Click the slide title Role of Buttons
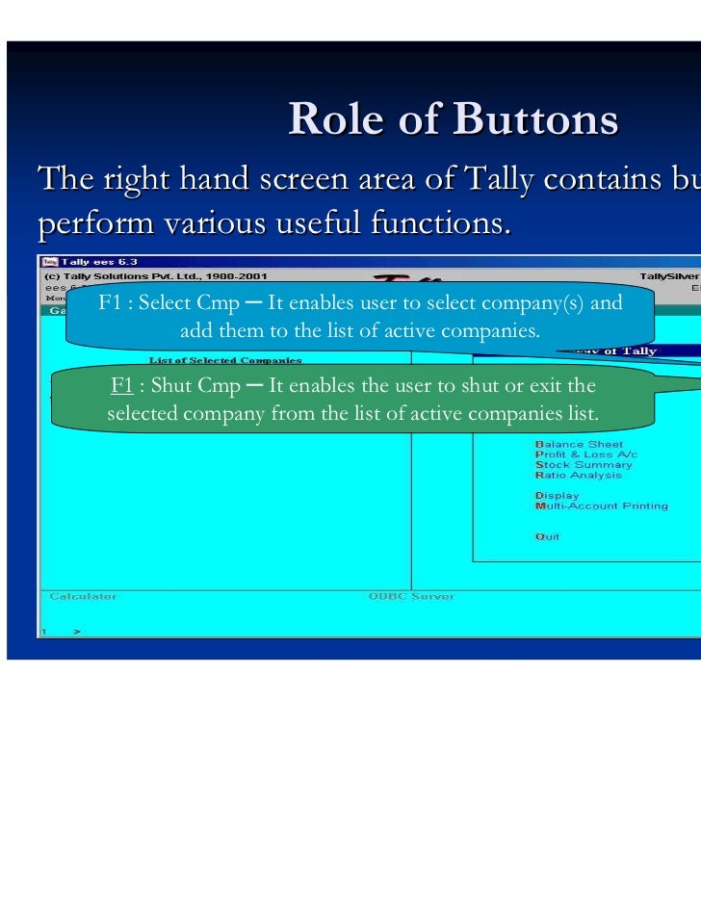(x=453, y=119)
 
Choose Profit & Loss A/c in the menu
(x=585, y=454)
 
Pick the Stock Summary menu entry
(x=584, y=465)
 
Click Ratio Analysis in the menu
(x=578, y=475)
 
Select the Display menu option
(x=557, y=496)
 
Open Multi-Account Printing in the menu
(x=601, y=506)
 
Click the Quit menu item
(x=546, y=536)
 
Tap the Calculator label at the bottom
(x=83, y=596)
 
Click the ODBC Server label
(x=410, y=596)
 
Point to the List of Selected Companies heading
(x=224, y=360)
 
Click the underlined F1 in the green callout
(x=121, y=386)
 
